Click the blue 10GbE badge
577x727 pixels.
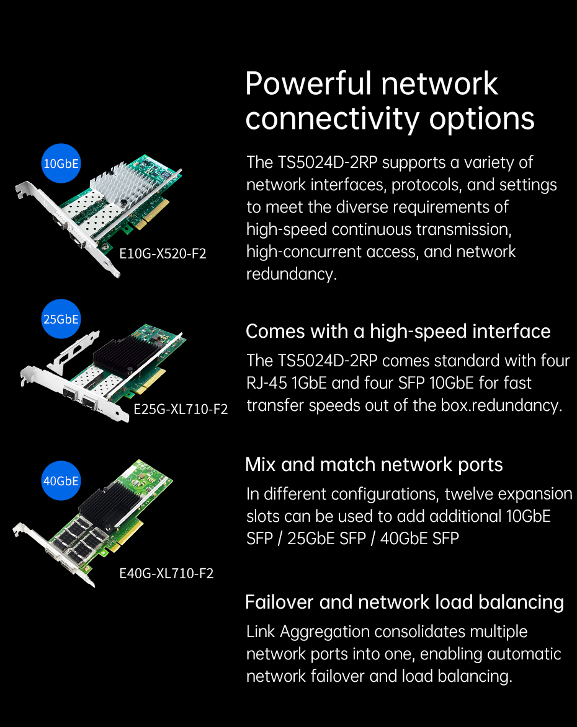(x=61, y=163)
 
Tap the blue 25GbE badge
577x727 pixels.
(x=61, y=319)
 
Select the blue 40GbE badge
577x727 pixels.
(x=61, y=481)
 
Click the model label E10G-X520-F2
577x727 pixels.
(x=163, y=253)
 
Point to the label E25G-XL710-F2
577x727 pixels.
(x=181, y=409)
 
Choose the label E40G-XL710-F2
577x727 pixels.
(x=167, y=573)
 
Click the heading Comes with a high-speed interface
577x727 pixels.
(x=398, y=332)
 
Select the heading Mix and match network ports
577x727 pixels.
(x=374, y=465)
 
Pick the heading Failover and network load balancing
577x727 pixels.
(x=405, y=602)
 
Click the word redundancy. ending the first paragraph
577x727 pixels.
(x=291, y=274)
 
